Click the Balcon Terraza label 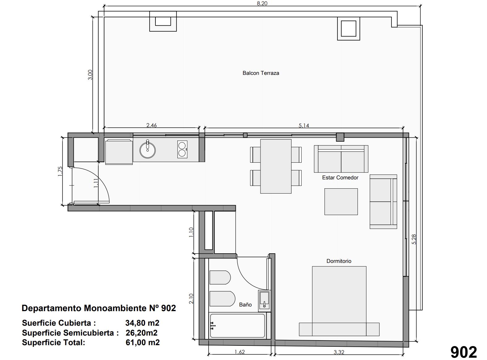260,73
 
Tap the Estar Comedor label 340,178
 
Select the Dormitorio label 339,261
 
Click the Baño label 245,305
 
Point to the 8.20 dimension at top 262,3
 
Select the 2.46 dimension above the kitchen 151,125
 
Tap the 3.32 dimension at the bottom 339,352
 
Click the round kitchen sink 147,150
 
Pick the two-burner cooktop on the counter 182,149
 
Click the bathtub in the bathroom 237,325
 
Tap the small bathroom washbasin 265,300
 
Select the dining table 276,166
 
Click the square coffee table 341,202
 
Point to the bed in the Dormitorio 339,301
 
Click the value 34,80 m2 142,323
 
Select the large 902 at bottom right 464,352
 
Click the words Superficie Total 53,342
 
